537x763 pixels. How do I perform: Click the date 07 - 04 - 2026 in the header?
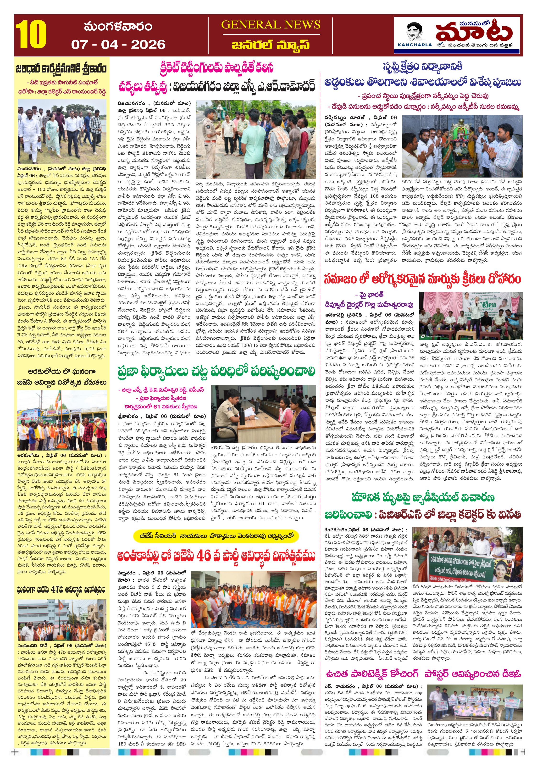click(x=118, y=44)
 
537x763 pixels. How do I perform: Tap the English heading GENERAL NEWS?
click(x=271, y=25)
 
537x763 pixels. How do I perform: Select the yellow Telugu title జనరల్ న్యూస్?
click(x=271, y=45)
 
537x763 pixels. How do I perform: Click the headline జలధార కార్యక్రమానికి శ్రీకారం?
click(x=62, y=69)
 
